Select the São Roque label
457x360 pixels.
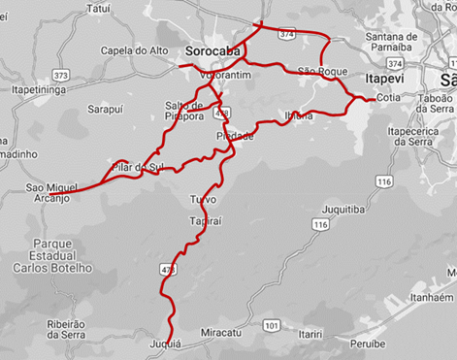tap(321, 72)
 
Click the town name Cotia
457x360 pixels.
tap(389, 98)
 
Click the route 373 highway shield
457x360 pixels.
tap(62, 75)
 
